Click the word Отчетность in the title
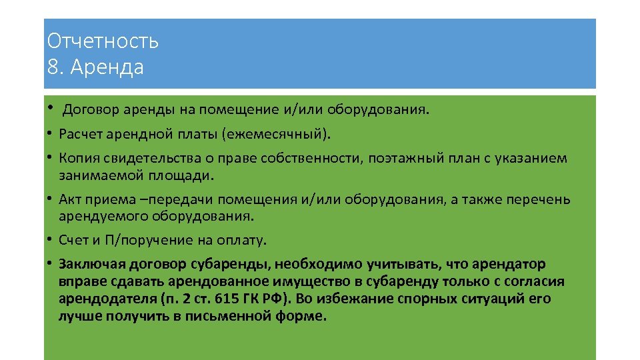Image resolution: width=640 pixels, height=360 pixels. click(x=103, y=42)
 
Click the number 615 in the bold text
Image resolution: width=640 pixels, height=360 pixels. click(x=231, y=298)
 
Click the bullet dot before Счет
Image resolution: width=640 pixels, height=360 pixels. click(x=50, y=240)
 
